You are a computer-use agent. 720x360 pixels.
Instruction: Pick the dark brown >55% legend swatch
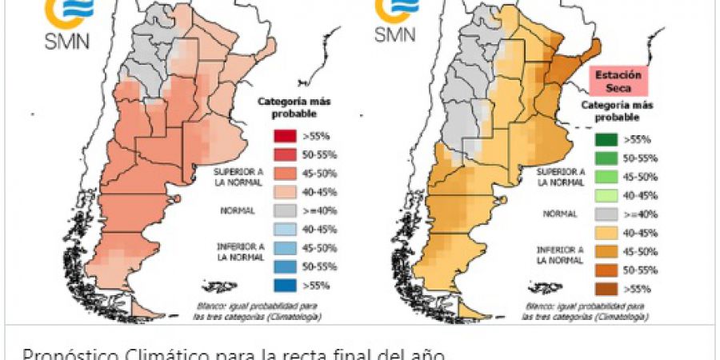click(605, 287)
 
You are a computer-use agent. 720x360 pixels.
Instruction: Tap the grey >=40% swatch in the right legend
click(605, 214)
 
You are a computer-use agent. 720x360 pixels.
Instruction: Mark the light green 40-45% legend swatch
click(605, 195)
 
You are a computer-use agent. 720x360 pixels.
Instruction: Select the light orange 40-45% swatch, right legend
click(605, 232)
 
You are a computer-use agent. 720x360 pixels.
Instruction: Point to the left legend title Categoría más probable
click(284, 108)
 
